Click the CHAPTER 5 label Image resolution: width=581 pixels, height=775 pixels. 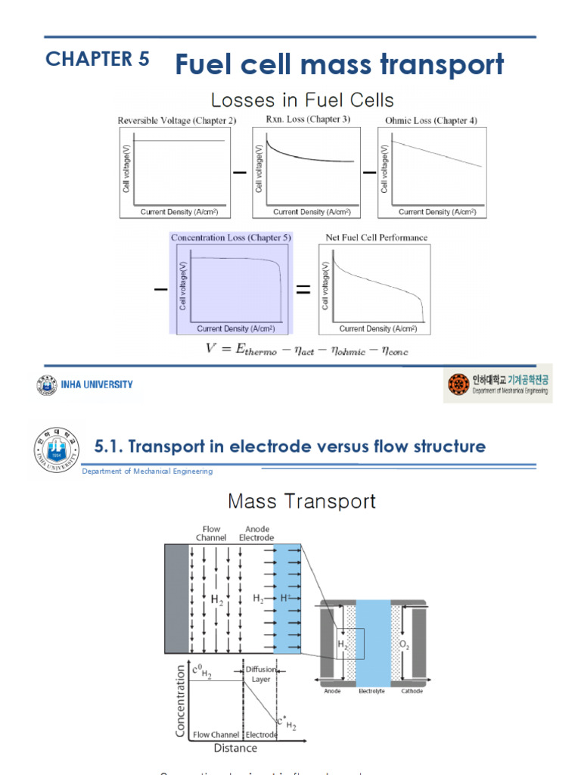98,60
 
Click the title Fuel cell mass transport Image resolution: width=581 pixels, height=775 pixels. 339,65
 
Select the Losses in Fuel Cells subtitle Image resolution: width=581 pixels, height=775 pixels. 302,100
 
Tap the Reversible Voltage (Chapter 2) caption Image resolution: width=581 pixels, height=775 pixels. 172,120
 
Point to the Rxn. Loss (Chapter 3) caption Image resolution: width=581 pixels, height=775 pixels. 308,120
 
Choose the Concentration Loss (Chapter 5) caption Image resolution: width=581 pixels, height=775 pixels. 231,238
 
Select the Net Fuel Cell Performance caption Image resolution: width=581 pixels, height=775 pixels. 376,238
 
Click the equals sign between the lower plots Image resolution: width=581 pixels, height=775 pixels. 303,290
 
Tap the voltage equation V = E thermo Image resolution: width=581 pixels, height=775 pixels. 307,349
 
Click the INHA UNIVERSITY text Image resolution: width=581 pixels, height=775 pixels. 97,384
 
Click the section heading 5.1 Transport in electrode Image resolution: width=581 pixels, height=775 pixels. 290,447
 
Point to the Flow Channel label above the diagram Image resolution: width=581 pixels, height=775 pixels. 211,534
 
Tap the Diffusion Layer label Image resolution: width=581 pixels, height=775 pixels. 260,674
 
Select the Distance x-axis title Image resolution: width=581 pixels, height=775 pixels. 235,748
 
